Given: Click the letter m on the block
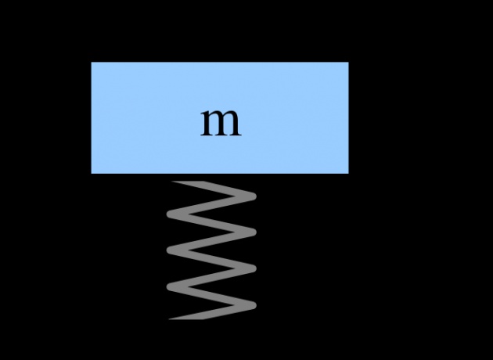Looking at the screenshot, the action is tap(221, 123).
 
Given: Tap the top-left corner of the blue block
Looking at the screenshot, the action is tap(92, 63).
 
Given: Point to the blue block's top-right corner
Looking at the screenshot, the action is tap(348, 63).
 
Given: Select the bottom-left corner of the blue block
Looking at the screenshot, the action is tap(92, 173).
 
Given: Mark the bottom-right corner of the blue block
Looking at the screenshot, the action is tap(348, 173).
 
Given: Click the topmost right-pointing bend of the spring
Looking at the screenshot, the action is tap(253, 196).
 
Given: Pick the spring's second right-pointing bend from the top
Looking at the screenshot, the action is tap(253, 232).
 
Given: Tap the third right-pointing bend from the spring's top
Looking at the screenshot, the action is tap(253, 268).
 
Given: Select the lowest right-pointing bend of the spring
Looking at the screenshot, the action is tap(253, 305).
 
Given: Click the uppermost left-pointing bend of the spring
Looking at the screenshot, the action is tap(171, 214).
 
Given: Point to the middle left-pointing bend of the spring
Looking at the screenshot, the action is tap(171, 250).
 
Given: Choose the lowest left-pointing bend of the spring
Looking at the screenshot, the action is tap(171, 286).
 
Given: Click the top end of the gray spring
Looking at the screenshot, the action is tap(187, 182).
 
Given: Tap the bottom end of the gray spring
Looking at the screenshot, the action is tap(186, 319).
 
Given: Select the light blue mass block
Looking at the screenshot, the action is tap(220, 117).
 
